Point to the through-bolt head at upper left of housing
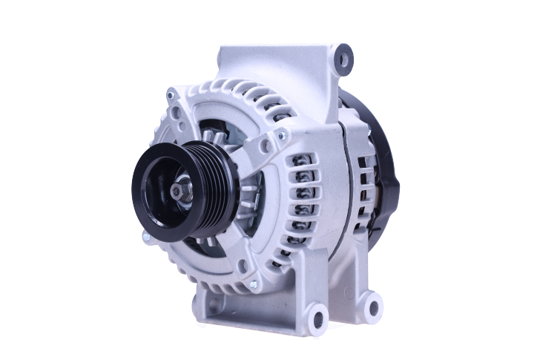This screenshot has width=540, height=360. click(x=172, y=94)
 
